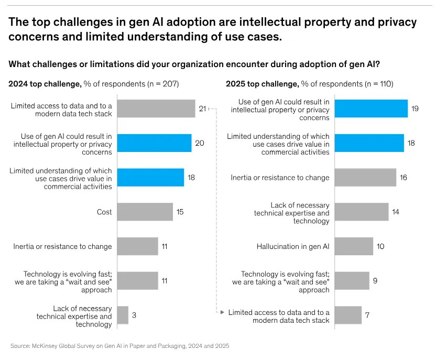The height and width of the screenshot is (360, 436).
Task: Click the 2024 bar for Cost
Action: [145, 212]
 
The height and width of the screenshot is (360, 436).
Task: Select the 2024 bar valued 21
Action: [156, 109]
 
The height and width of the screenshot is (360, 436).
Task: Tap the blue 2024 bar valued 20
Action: [154, 143]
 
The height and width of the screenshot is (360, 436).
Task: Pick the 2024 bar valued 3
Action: [123, 315]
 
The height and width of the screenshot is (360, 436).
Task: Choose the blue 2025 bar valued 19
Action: [371, 108]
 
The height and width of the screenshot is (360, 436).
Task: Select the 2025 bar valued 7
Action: [348, 315]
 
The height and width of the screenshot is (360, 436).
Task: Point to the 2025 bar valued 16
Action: [365, 177]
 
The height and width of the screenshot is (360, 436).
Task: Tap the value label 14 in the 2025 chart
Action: [396, 212]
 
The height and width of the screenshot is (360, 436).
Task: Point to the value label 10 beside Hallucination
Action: [380, 246]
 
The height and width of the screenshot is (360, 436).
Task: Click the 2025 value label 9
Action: [375, 280]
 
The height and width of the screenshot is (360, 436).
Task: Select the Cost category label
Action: [104, 212]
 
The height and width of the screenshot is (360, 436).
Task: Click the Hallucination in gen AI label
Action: [293, 246]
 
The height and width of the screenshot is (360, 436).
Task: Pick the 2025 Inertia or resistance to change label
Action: [280, 177]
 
